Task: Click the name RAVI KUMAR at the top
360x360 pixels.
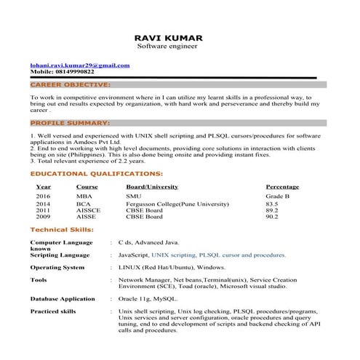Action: coord(169,37)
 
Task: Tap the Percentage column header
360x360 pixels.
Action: coord(282,187)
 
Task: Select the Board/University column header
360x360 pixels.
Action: coord(152,187)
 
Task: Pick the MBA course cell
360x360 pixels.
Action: coord(84,197)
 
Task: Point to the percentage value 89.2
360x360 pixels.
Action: coord(272,211)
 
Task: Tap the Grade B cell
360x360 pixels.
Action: coord(278,197)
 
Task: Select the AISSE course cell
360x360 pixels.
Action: coord(87,217)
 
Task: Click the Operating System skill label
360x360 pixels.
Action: coord(57,268)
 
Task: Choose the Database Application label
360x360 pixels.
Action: coord(63,299)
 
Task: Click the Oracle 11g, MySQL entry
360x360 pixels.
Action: coord(148,299)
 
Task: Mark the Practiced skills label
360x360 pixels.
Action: coord(53,311)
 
